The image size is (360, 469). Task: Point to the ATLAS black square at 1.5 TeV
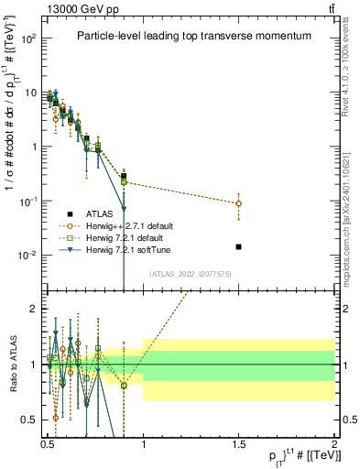coord(238,246)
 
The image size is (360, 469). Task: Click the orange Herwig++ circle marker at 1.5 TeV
coord(238,203)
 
